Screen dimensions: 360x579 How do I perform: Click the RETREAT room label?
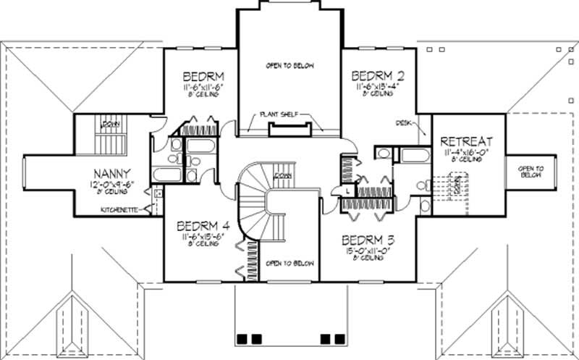point(466,141)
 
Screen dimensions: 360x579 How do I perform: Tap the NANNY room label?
point(111,173)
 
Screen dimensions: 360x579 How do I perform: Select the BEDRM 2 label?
point(377,75)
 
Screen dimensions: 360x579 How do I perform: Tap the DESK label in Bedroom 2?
point(404,122)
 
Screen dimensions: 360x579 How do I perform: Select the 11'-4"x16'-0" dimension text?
point(466,152)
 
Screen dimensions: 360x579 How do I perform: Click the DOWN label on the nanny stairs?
point(111,125)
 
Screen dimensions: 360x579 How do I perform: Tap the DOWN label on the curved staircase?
point(283,175)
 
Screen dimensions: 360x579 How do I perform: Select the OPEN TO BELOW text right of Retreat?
point(531,172)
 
